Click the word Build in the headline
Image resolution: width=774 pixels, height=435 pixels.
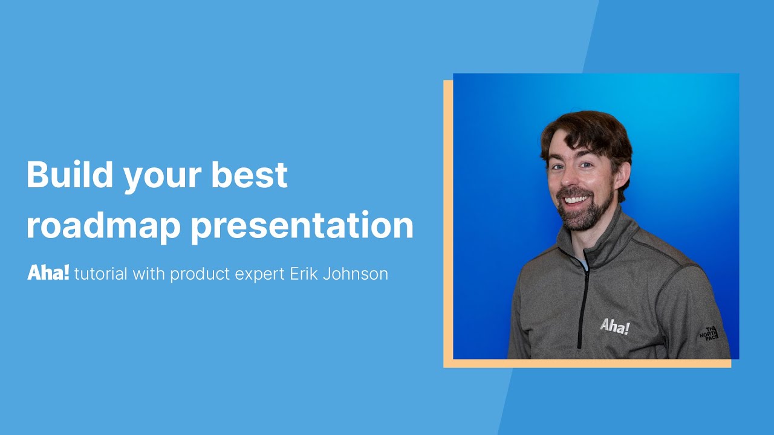(70, 175)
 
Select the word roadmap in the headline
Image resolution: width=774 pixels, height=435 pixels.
(103, 226)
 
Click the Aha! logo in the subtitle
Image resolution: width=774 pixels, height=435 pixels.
(48, 273)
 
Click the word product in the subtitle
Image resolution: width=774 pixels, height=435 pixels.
(200, 275)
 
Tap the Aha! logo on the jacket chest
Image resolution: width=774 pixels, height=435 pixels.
(614, 327)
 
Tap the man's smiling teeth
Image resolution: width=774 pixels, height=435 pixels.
(575, 199)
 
